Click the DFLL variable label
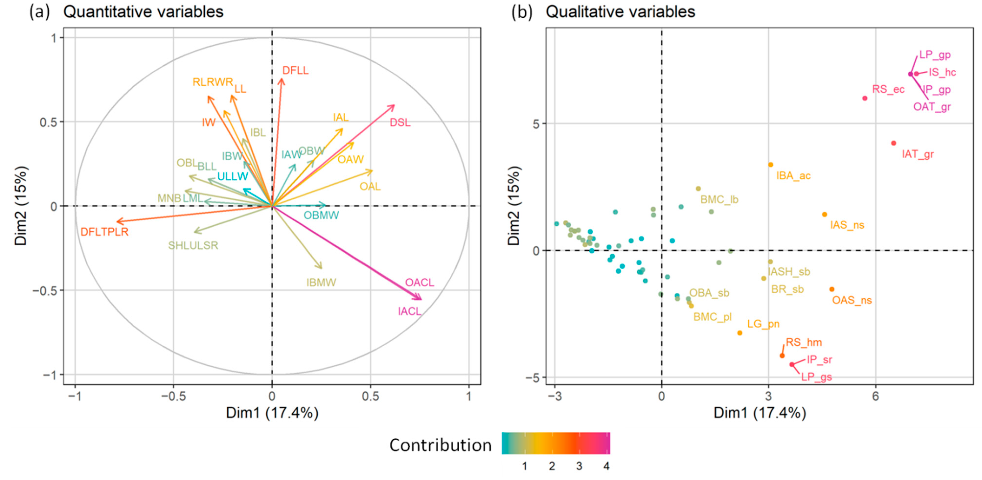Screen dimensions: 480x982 pyautogui.click(x=295, y=70)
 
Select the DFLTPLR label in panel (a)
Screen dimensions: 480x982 pyautogui.click(x=104, y=232)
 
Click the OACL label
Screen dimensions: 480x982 pyautogui.click(x=419, y=283)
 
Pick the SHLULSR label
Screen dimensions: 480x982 pyautogui.click(x=193, y=246)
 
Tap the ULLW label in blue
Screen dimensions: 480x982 pyautogui.click(x=233, y=177)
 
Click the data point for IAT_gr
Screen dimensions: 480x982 pyautogui.click(x=893, y=143)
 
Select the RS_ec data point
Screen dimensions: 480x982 pyautogui.click(x=865, y=98)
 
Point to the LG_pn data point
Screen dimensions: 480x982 pyautogui.click(x=740, y=333)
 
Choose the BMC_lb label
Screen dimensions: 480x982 pyautogui.click(x=719, y=200)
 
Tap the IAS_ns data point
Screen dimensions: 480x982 pyautogui.click(x=824, y=215)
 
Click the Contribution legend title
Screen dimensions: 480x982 pyautogui.click(x=440, y=445)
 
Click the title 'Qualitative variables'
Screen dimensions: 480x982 pyautogui.click(x=620, y=12)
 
